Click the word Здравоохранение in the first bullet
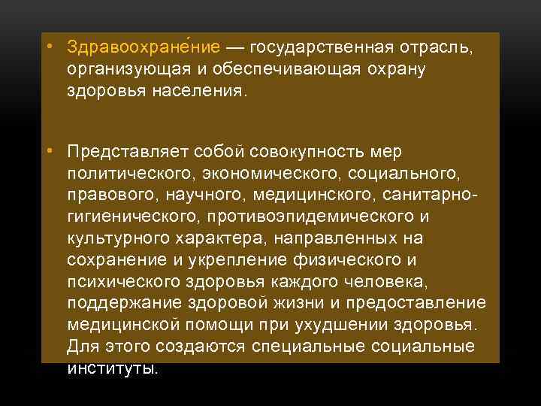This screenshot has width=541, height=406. click(143, 48)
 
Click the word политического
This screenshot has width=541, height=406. click(131, 175)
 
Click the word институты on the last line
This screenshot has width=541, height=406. click(113, 368)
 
